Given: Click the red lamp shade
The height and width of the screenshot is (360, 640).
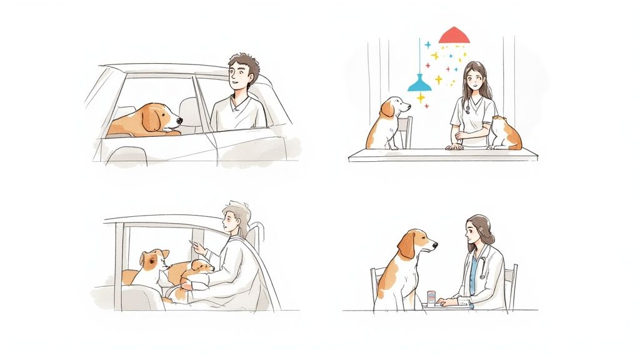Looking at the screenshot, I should pos(454,36).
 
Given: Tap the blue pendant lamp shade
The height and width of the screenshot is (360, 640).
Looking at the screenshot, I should pos(419,84).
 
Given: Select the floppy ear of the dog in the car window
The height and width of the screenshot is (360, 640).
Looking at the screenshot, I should pos(151,120).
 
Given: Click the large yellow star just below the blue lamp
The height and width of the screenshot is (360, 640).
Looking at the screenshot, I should pos(421,97).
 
